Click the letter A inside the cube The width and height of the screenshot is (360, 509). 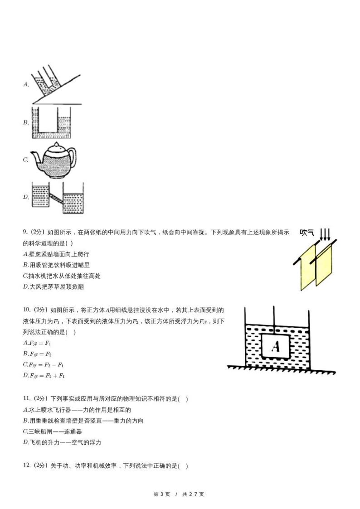[275, 347]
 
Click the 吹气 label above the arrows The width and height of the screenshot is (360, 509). [307, 233]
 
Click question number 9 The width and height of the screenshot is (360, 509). [25, 233]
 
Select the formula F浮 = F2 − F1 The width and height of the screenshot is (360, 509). [44, 365]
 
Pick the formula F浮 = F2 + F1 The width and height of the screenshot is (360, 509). [44, 376]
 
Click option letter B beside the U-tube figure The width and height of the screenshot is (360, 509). [26, 122]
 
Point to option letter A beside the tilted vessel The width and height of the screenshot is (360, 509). [26, 84]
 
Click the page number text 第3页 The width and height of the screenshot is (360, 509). [162, 494]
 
